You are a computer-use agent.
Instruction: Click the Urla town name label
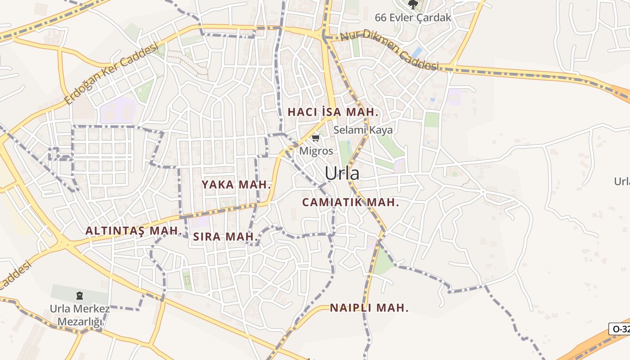click(x=342, y=173)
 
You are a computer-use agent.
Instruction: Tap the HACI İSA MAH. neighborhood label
click(x=333, y=112)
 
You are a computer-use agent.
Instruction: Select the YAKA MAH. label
click(x=237, y=184)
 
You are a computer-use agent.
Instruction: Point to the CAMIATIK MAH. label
click(x=351, y=202)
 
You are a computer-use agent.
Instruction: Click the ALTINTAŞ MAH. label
click(x=133, y=231)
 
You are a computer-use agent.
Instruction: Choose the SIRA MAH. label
click(x=226, y=237)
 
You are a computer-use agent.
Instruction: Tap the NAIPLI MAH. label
click(x=369, y=308)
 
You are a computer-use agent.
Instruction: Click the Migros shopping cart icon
click(x=316, y=138)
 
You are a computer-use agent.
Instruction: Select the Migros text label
click(x=316, y=151)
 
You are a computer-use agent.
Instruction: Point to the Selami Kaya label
click(x=363, y=130)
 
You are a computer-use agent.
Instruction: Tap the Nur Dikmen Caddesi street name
click(x=389, y=50)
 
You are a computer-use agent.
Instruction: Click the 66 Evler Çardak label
click(x=413, y=18)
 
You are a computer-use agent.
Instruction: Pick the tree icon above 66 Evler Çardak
click(x=413, y=4)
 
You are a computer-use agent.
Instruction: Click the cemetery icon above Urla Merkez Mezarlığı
click(x=80, y=296)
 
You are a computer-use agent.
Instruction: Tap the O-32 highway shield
click(x=620, y=329)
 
